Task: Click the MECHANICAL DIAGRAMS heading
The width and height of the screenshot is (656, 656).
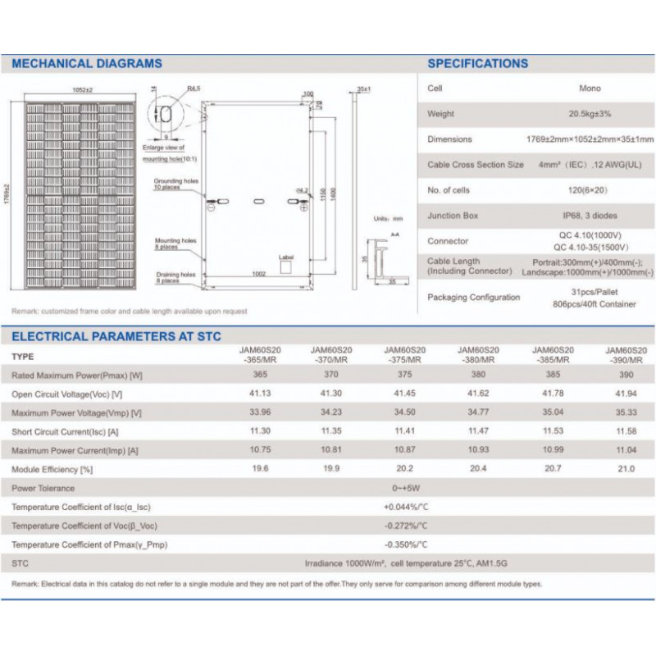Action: point(87,63)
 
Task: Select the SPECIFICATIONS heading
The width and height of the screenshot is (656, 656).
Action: point(478,63)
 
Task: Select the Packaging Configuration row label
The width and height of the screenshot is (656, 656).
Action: point(473,298)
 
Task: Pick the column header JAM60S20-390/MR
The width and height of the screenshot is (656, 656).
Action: point(626,354)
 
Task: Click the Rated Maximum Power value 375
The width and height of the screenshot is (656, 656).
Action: point(405,375)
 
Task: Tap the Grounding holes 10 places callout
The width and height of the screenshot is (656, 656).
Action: point(175,184)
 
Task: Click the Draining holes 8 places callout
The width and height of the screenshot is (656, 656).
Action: point(175,278)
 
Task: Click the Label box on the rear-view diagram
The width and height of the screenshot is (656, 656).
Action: point(286,266)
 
